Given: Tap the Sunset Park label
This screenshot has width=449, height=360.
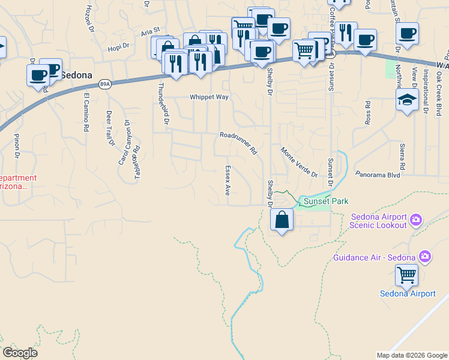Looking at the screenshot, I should click(326, 201).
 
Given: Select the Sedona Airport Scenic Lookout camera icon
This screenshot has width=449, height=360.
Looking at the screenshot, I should click(415, 221).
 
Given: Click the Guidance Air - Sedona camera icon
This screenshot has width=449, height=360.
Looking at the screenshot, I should click(425, 257).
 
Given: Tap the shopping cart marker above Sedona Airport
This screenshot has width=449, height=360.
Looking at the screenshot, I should click(407, 276).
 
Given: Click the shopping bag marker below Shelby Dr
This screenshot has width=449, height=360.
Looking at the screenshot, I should click(282, 220).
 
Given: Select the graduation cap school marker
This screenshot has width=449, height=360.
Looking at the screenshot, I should click(408, 100).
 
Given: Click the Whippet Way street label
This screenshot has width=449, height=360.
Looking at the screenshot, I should click(209, 97).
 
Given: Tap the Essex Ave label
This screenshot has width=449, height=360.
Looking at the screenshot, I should click(228, 181).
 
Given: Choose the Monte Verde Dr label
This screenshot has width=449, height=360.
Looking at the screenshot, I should click(298, 162).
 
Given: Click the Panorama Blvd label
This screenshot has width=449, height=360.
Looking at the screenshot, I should click(377, 175).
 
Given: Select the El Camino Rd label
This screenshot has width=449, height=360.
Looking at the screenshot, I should click(86, 112).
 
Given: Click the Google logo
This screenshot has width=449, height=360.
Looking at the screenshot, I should click(20, 352).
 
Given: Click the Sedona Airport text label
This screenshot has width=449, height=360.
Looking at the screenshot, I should click(408, 293).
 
